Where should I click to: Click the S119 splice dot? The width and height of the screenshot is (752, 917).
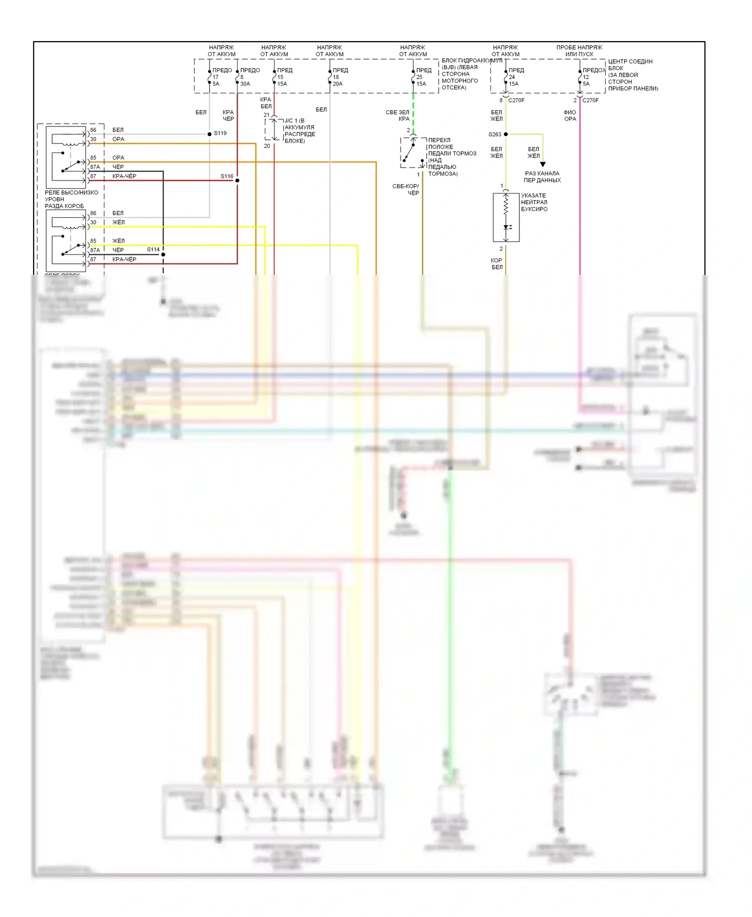click(210, 134)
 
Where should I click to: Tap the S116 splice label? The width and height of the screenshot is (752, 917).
click(227, 176)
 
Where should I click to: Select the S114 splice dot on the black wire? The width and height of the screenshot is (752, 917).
click(163, 254)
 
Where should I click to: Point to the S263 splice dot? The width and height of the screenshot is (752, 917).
click(505, 134)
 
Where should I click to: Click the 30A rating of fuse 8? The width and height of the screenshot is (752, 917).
click(245, 84)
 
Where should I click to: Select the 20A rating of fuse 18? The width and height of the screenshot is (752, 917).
click(338, 84)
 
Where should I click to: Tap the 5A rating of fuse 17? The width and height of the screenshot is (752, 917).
click(216, 84)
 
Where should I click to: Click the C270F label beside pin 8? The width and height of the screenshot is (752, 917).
click(516, 100)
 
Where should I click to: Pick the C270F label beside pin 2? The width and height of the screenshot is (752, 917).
click(591, 100)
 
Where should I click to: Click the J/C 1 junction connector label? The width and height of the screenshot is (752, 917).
click(299, 130)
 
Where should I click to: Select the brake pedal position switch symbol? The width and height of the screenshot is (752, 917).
click(413, 152)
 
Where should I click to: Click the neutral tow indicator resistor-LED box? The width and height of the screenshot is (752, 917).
click(506, 217)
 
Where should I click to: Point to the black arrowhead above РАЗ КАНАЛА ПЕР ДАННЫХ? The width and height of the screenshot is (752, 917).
click(542, 164)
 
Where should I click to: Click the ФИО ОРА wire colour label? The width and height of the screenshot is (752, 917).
click(570, 116)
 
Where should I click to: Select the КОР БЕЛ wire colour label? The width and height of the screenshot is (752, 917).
click(496, 264)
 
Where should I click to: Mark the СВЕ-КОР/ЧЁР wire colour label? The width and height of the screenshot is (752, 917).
click(406, 190)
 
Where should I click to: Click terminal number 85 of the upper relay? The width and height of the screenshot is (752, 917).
click(93, 158)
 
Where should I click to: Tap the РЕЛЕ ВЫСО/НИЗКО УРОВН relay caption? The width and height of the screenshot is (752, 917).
click(71, 199)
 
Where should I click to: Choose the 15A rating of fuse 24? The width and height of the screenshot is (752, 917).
click(514, 84)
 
